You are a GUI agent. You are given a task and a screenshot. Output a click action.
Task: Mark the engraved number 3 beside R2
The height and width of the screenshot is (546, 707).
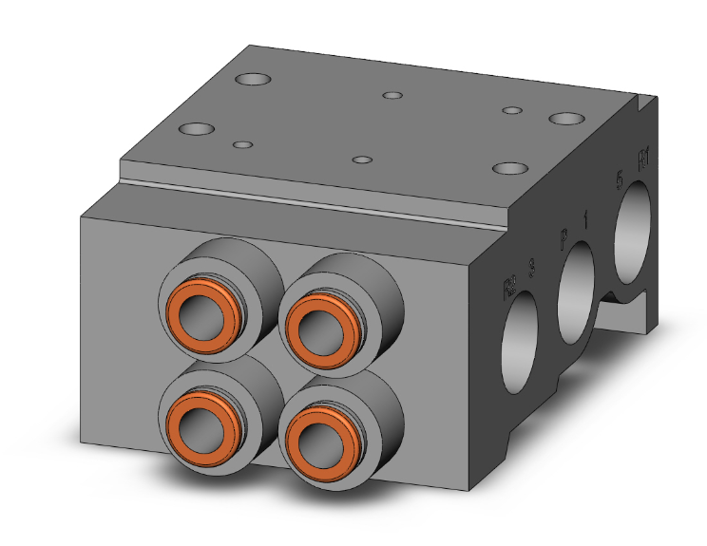pos(530,270)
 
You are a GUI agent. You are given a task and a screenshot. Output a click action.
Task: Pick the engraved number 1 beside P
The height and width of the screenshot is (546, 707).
pos(585,219)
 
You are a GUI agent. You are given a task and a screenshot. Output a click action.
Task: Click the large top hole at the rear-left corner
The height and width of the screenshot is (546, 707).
pos(253,81)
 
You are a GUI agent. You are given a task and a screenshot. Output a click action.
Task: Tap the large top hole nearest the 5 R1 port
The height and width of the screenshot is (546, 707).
pos(566,120)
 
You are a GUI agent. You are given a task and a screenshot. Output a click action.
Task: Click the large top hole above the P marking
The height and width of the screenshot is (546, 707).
pos(510,169)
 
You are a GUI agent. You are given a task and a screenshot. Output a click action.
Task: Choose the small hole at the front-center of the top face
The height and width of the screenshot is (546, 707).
pos(361,160)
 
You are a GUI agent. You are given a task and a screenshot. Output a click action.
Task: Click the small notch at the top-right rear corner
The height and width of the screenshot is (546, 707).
pos(649,98)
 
